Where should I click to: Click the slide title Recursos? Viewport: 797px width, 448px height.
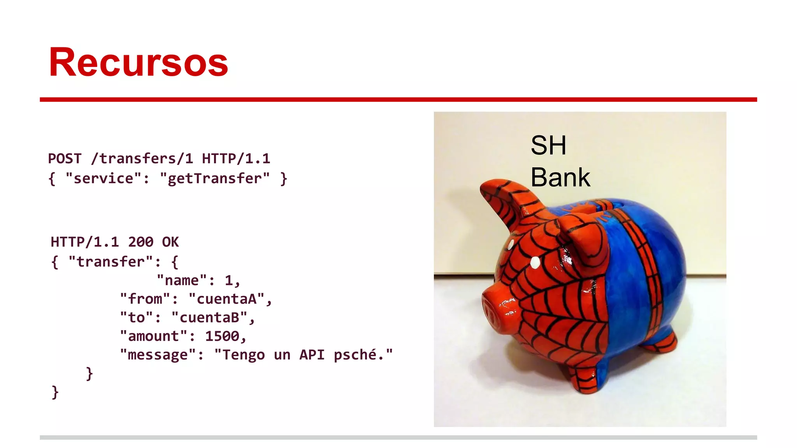pos(138,62)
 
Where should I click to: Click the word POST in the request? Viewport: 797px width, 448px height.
pos(65,159)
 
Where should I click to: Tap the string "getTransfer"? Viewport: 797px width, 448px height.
pos(214,178)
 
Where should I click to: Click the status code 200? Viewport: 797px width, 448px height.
pos(140,242)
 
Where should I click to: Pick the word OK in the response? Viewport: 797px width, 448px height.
pos(170,242)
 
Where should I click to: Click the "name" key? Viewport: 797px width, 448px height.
pos(182,280)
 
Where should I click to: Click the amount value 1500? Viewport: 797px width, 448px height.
pos(222,336)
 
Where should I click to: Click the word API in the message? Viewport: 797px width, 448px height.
pos(312,355)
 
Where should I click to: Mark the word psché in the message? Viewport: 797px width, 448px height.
pos(355,355)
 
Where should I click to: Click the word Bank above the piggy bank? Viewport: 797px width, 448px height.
pos(560,177)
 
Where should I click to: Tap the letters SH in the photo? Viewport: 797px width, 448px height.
pos(548,145)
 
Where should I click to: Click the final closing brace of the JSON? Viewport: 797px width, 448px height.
pos(55,392)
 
